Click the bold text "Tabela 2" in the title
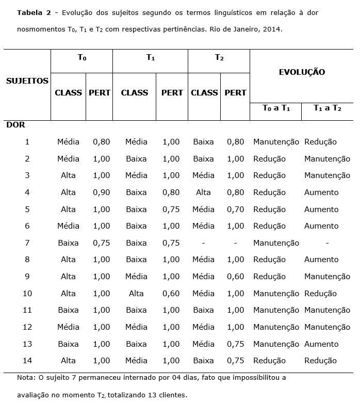(34, 12)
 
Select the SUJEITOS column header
(27, 80)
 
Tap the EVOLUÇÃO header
(302, 72)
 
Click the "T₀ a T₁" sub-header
(276, 108)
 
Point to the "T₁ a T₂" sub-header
(327, 108)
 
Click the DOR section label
(16, 125)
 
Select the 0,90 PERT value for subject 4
(101, 192)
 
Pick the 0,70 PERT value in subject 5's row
(235, 209)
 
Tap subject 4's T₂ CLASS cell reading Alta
(203, 192)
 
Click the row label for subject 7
(27, 243)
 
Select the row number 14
(27, 361)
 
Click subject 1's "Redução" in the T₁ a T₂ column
(320, 142)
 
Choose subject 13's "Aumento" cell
(321, 344)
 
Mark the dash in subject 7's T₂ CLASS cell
(203, 243)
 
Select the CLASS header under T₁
(134, 93)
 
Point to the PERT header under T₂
(235, 93)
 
